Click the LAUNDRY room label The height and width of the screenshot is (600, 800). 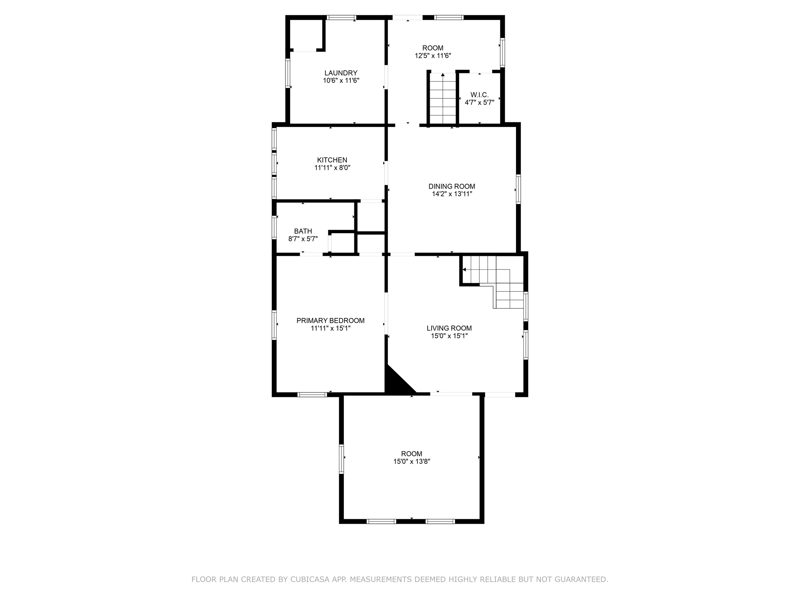pos(341,73)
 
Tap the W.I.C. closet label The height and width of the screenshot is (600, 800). pos(479,95)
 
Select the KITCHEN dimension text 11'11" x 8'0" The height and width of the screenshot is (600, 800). pos(332,168)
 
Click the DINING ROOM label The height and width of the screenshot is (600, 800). pos(452,186)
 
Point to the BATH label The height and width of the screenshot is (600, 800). pos(303,231)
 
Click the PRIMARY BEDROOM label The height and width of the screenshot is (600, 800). pos(330,321)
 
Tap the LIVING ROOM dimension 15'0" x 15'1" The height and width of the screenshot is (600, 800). pos(449,336)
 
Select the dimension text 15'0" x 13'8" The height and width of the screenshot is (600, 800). pos(411,461)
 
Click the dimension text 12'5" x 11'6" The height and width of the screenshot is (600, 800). pos(432,55)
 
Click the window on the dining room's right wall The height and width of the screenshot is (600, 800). pos(518,189)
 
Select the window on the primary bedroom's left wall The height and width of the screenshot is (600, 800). pos(274,325)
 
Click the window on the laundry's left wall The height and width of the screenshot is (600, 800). pos(287,73)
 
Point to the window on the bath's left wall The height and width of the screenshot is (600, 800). pos(274,227)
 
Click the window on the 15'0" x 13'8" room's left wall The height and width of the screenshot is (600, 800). pos(341,459)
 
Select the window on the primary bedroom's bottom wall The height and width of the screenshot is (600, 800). pos(312,395)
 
